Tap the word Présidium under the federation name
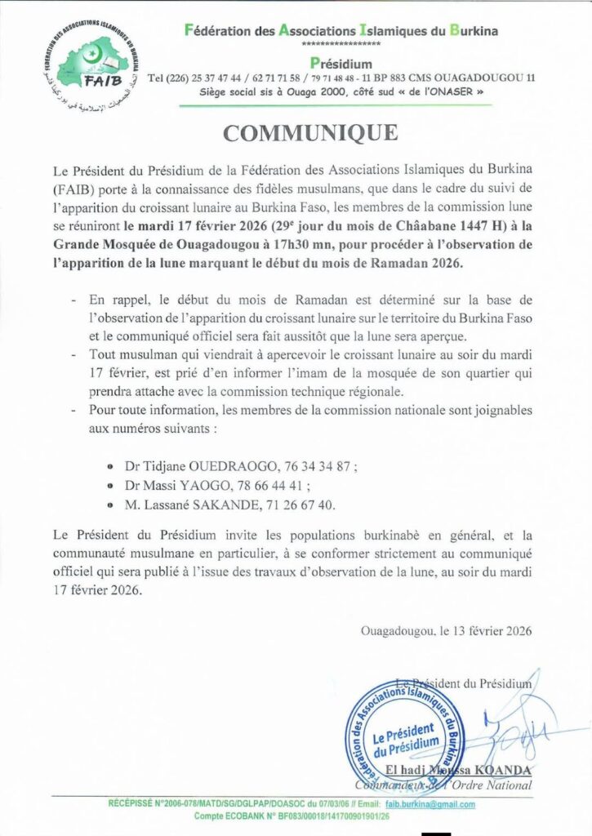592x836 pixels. (x=341, y=63)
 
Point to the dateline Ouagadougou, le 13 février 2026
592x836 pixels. (x=446, y=630)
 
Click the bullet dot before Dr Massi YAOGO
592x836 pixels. (x=110, y=487)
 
